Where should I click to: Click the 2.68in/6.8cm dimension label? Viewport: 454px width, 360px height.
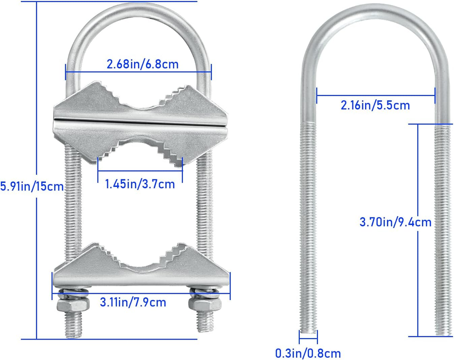(143, 64)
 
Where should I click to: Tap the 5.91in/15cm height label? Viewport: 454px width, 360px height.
(32, 186)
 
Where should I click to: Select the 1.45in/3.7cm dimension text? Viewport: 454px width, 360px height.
(140, 184)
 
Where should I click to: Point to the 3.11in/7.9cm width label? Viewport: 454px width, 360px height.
(133, 302)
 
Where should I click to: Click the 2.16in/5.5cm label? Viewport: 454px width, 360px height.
(375, 105)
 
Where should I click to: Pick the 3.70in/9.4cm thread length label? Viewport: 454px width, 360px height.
(395, 222)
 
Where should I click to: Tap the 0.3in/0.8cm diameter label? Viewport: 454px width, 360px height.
(308, 353)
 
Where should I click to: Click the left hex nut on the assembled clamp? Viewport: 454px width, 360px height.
(73, 305)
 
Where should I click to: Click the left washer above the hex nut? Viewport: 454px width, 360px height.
(74, 292)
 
